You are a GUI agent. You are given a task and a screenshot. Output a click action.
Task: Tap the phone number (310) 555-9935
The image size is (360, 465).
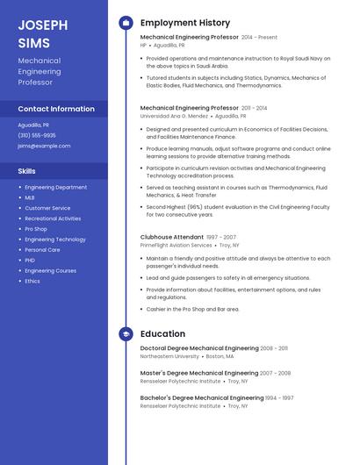37,135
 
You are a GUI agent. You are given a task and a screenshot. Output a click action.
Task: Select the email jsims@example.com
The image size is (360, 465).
44,146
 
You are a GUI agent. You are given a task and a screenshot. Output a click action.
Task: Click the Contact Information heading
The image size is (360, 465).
56,109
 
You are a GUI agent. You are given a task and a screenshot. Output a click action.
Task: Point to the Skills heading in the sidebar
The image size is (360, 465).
27,171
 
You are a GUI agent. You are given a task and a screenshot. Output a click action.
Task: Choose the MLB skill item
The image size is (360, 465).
30,197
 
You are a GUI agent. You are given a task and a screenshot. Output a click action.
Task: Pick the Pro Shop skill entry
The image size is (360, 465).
36,229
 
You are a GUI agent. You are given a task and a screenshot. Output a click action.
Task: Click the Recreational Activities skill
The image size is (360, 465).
53,218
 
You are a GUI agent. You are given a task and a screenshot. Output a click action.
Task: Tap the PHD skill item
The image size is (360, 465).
30,260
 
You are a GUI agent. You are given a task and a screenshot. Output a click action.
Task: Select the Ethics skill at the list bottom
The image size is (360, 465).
32,281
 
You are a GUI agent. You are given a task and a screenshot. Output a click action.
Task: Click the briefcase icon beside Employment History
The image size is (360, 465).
126,23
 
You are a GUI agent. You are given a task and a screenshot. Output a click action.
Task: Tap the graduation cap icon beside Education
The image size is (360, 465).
126,333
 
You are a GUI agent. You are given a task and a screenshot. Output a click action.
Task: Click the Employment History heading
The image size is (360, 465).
185,23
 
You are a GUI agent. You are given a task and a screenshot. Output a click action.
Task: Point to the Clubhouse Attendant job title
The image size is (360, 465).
172,237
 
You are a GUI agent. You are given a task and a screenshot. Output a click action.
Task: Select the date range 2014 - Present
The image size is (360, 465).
259,38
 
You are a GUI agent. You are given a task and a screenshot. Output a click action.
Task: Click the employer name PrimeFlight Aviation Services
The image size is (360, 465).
176,246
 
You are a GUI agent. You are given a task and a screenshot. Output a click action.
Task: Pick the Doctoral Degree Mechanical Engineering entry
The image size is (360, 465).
198,348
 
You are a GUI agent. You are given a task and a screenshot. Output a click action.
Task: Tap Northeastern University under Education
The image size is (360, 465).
169,357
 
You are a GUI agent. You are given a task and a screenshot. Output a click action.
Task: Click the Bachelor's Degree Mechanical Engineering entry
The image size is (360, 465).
202,397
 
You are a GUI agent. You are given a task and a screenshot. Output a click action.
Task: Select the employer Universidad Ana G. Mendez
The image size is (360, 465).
174,116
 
